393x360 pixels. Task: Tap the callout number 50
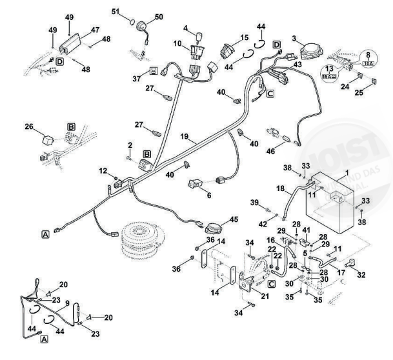point(159,15)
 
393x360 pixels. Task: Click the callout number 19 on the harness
point(184,137)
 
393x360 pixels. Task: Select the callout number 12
point(102,170)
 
